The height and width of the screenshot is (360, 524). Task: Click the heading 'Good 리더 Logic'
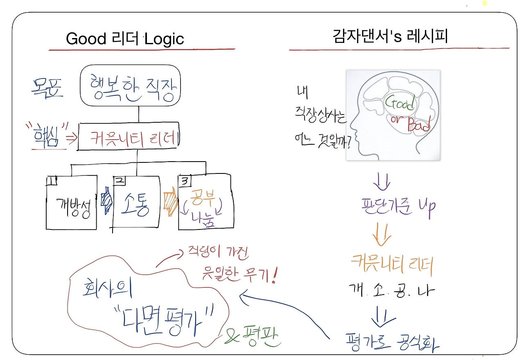(125, 39)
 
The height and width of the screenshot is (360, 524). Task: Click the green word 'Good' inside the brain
(400, 103)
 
